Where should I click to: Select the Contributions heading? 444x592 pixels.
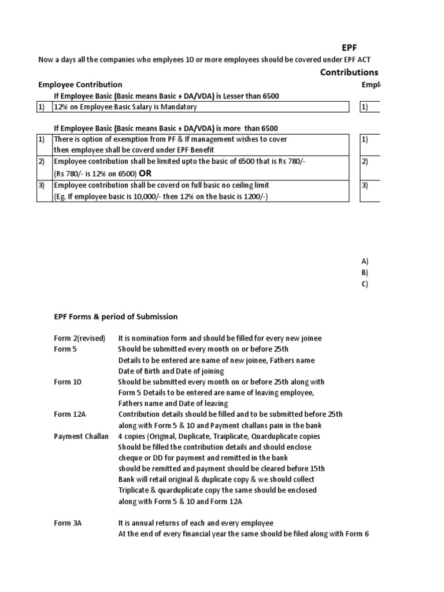click(x=349, y=72)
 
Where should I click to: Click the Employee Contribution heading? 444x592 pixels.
click(x=80, y=84)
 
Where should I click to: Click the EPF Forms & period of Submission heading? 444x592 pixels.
click(x=116, y=317)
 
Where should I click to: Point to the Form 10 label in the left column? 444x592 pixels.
click(x=68, y=382)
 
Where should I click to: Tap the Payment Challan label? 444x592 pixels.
click(x=81, y=436)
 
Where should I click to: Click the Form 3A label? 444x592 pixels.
click(x=68, y=523)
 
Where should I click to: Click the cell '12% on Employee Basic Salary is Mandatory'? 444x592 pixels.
click(x=125, y=107)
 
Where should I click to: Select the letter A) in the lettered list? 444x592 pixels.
click(x=365, y=261)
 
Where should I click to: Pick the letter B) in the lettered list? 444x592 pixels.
click(x=365, y=272)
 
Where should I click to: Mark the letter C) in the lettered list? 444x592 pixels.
click(x=365, y=283)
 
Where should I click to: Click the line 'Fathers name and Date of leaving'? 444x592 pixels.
click(x=173, y=404)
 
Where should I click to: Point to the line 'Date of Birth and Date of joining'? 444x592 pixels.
click(x=171, y=371)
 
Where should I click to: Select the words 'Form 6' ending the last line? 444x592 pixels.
click(x=358, y=534)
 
